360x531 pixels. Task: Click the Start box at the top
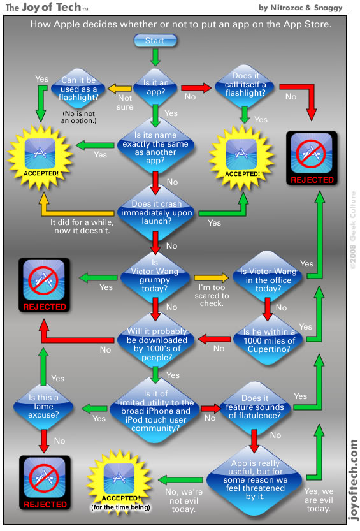pos(155,40)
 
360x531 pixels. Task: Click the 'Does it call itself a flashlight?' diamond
pos(244,86)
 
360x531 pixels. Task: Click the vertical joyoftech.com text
pos(352,478)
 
